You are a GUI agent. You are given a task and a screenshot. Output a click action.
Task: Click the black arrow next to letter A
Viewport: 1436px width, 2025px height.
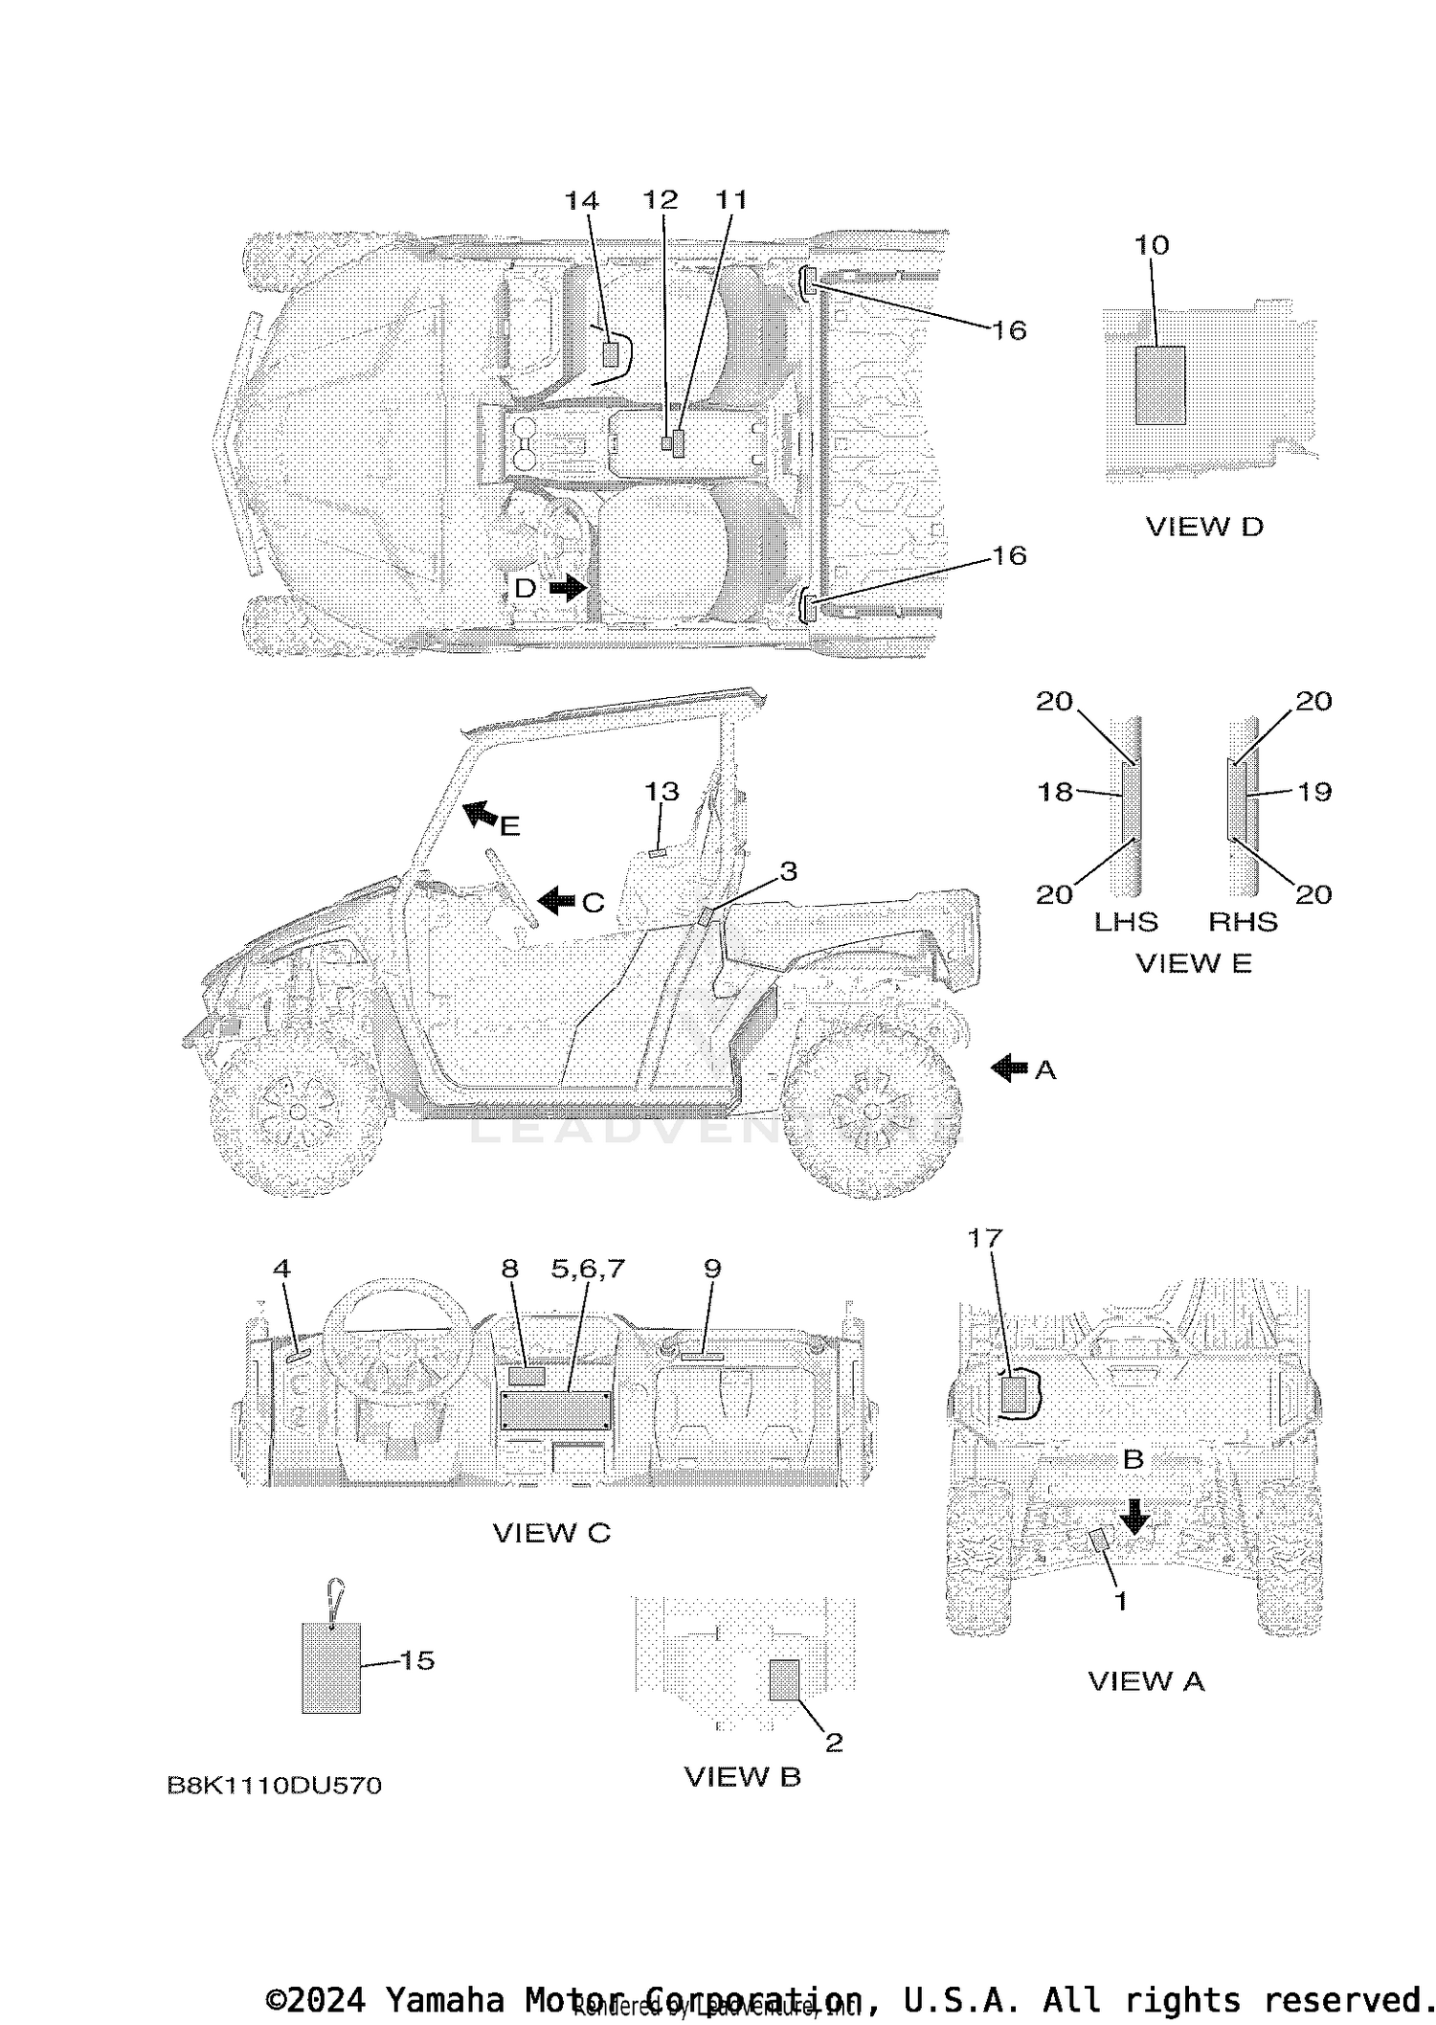coord(1008,1068)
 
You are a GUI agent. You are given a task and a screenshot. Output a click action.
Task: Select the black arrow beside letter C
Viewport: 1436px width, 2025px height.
coord(555,900)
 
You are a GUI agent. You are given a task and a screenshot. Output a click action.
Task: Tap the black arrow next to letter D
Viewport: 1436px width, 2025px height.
coord(568,587)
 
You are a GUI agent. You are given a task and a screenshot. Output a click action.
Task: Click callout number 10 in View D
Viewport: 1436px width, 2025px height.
coord(1152,245)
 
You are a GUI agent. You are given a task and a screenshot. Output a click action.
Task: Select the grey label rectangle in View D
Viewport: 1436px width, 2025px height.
coord(1159,385)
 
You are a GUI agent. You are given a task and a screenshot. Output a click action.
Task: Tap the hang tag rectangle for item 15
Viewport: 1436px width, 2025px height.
coord(331,1667)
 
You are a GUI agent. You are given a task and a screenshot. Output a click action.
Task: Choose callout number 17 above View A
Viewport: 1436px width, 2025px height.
coord(984,1238)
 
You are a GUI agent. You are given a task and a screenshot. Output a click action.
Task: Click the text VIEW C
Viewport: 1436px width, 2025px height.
coord(551,1533)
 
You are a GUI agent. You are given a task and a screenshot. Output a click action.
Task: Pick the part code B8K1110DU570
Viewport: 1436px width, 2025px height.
coord(274,1785)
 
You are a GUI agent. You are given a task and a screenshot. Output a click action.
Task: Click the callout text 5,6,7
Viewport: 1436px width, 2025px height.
coord(588,1269)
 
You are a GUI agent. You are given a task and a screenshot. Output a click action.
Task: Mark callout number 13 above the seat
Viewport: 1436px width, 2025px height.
coord(662,792)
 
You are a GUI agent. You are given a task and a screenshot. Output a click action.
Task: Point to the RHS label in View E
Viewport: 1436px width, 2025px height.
coord(1243,921)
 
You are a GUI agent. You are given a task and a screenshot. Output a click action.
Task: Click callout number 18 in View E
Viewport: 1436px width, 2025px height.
coord(1055,792)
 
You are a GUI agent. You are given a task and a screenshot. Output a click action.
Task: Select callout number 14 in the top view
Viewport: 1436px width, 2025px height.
coord(581,200)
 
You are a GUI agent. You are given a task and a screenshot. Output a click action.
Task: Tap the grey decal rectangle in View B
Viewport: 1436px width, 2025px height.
coord(784,1680)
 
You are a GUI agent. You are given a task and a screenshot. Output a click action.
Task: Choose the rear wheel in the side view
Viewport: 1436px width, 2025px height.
coord(871,1111)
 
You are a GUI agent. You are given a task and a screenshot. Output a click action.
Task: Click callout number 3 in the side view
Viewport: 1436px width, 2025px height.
coord(788,871)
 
